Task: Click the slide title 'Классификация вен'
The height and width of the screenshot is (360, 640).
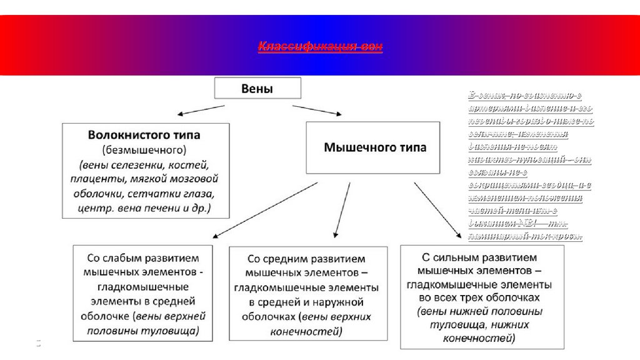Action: tap(320, 47)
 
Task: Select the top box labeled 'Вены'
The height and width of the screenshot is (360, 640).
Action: tap(257, 88)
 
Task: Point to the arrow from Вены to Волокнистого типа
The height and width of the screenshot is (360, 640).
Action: tap(201, 110)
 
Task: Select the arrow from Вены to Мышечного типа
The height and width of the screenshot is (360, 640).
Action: tap(317, 110)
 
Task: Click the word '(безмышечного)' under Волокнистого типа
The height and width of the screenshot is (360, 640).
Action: tap(145, 150)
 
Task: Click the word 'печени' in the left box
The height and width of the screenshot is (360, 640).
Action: tap(164, 207)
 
